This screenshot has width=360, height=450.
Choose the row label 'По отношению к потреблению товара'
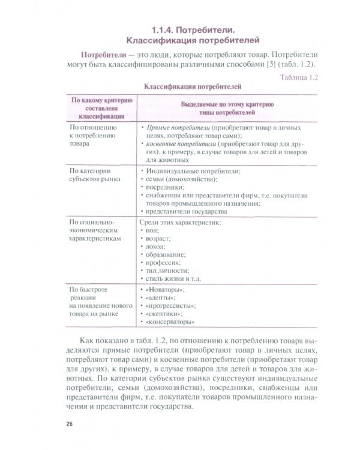click(92, 136)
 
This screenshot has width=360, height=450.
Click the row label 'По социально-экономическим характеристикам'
click(96, 230)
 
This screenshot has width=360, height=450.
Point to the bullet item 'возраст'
click(158, 239)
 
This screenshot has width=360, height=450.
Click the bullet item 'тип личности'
click(165, 271)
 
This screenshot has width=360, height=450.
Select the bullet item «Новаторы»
click(164, 290)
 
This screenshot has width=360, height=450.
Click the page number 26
click(70, 424)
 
